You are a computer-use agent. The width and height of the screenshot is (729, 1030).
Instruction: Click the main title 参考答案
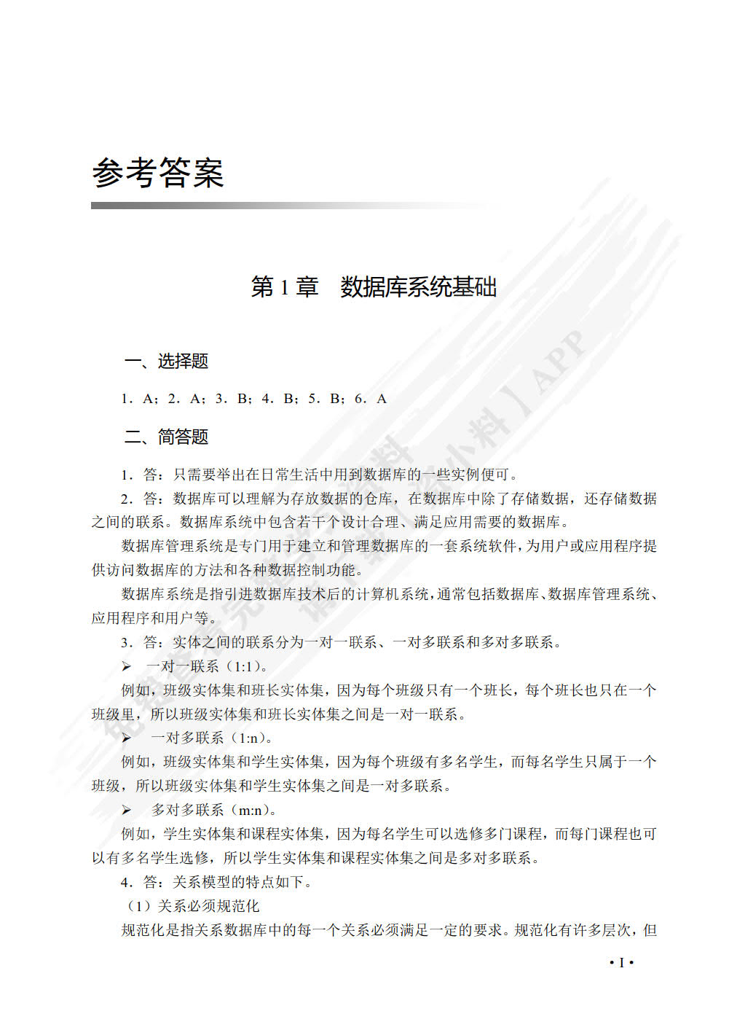coord(157,173)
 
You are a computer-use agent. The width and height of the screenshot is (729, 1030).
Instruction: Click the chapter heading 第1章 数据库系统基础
coord(373,287)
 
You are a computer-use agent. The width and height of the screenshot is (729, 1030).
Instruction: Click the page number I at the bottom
coord(621,963)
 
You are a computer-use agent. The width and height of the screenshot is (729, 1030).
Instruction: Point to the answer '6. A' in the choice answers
coord(371,399)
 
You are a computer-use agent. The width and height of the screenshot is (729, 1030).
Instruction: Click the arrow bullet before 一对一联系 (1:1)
coord(127,666)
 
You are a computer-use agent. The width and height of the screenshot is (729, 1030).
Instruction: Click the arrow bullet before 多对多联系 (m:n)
coord(127,810)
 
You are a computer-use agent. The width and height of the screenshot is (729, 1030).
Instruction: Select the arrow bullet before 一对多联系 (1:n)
coord(127,738)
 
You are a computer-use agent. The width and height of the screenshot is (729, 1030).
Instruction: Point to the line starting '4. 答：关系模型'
coord(217,882)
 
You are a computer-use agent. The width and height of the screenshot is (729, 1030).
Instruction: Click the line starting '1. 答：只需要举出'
coord(320,475)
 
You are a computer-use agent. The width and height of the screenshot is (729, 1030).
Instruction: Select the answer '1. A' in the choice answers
coord(139,399)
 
